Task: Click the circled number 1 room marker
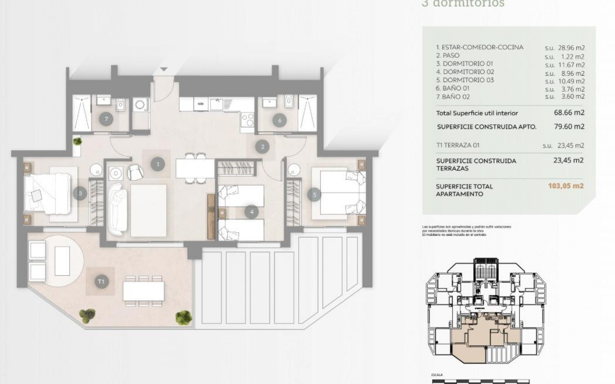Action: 158,164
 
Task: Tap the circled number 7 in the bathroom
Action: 106,120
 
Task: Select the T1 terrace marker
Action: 102,282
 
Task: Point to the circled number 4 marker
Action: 251,212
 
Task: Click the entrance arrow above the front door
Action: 164,69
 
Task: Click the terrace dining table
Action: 143,291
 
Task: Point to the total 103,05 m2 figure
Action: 566,186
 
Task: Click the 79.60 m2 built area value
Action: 569,127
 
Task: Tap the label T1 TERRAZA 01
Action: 458,145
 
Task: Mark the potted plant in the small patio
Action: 77,141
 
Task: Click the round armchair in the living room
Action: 135,172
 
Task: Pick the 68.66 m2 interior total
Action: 569,113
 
